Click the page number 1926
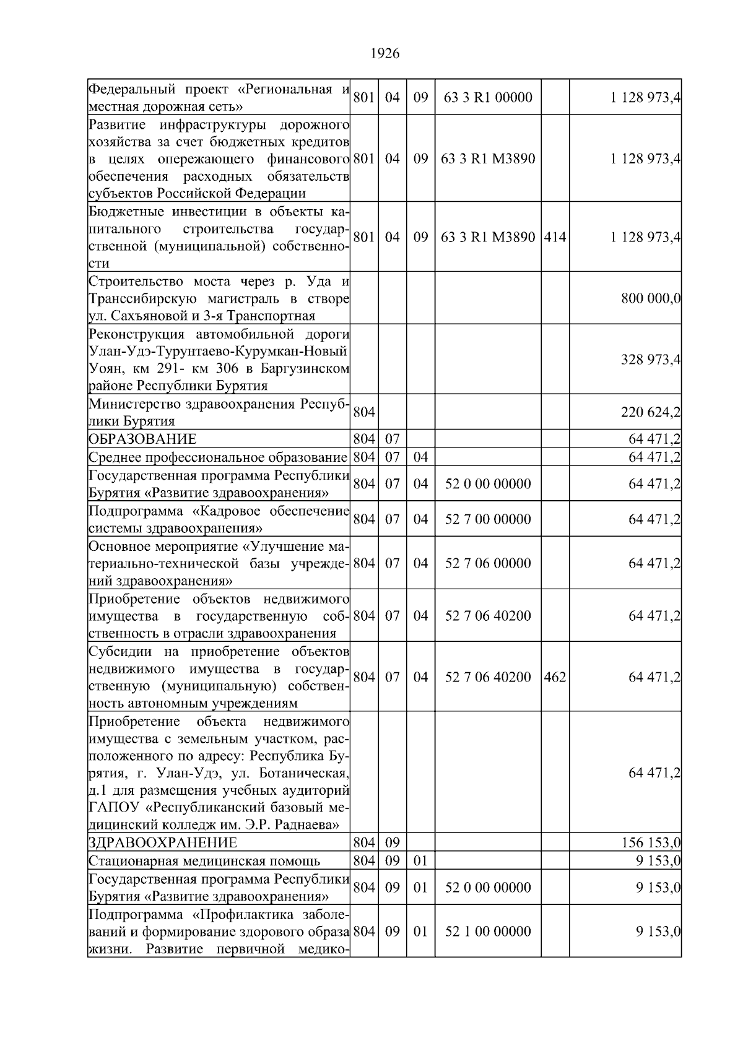pyautogui.click(x=385, y=54)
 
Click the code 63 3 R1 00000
pyautogui.click(x=488, y=97)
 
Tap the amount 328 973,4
pyautogui.click(x=651, y=360)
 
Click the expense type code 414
pyautogui.click(x=555, y=237)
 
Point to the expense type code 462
pyautogui.click(x=555, y=677)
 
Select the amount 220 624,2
pyautogui.click(x=651, y=412)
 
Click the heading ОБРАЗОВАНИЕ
pyautogui.click(x=142, y=439)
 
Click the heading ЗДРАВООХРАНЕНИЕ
pyautogui.click(x=163, y=843)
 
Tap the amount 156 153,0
pyautogui.click(x=651, y=843)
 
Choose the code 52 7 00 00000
pyautogui.click(x=488, y=519)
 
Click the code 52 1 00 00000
pyautogui.click(x=488, y=932)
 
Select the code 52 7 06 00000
pyautogui.click(x=488, y=563)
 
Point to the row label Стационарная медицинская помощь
pyautogui.click(x=204, y=861)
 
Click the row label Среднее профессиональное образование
pyautogui.click(x=217, y=457)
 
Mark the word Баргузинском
pyautogui.click(x=303, y=369)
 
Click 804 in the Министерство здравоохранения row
pyautogui.click(x=363, y=412)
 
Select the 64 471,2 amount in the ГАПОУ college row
pyautogui.click(x=654, y=773)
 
